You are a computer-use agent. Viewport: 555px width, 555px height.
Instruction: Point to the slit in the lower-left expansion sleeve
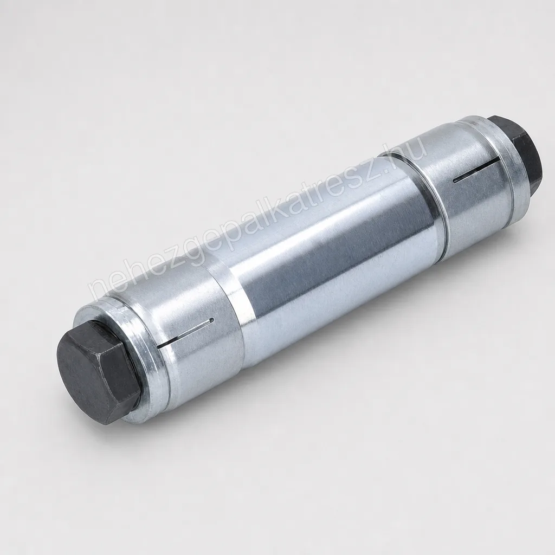[185, 332]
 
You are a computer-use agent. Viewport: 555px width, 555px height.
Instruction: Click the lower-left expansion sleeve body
[177, 336]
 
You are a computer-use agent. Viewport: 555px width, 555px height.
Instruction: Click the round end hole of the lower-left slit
[212, 321]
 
